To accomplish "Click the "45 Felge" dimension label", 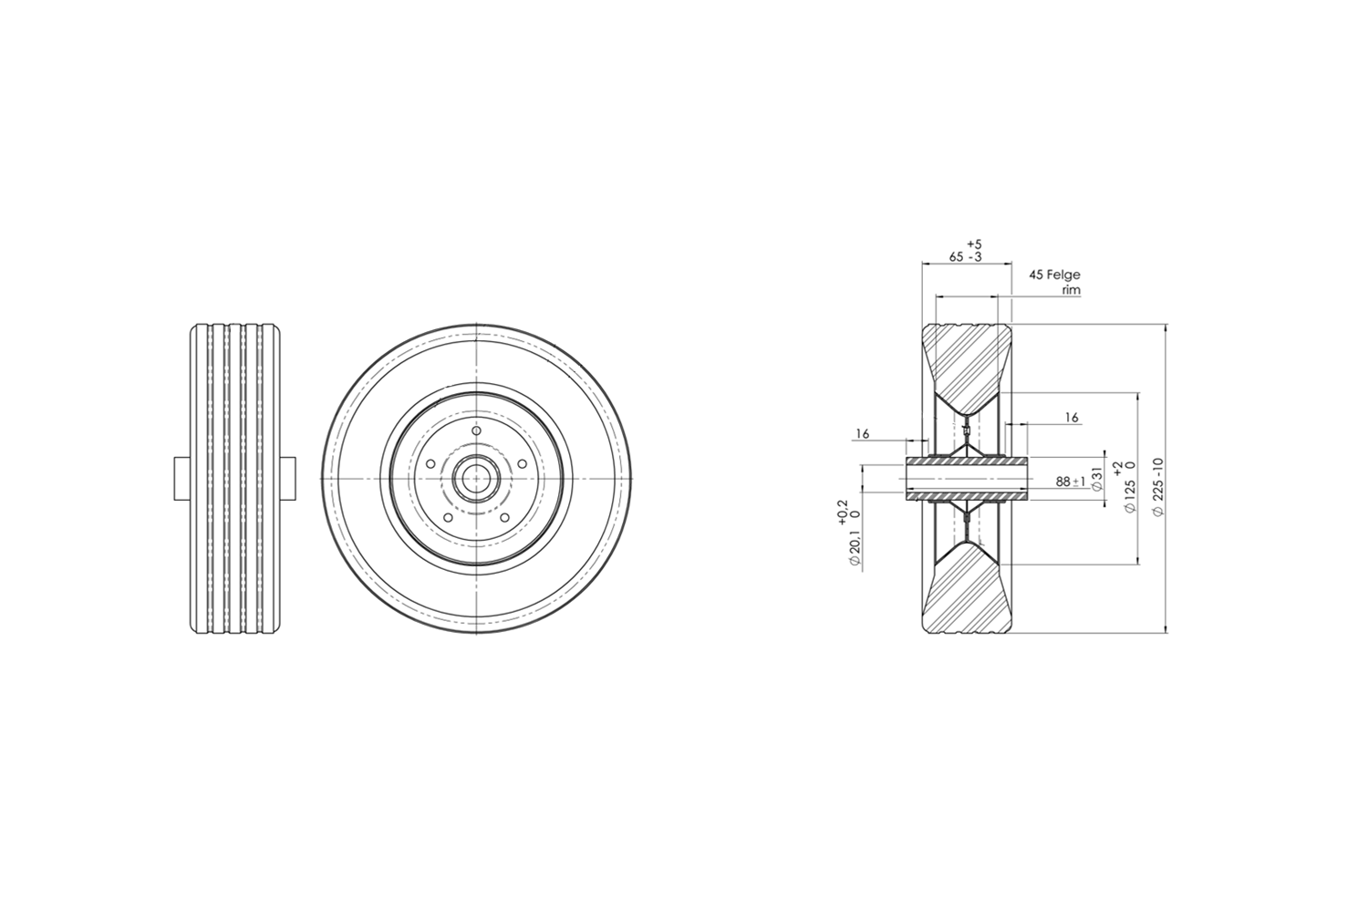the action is point(1054,275).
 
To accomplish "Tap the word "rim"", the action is point(1072,290).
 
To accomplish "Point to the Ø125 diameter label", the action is point(1130,496).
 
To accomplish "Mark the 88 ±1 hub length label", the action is point(1071,482).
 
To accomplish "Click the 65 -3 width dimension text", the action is point(966,257).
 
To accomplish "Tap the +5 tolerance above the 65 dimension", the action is point(975,245).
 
